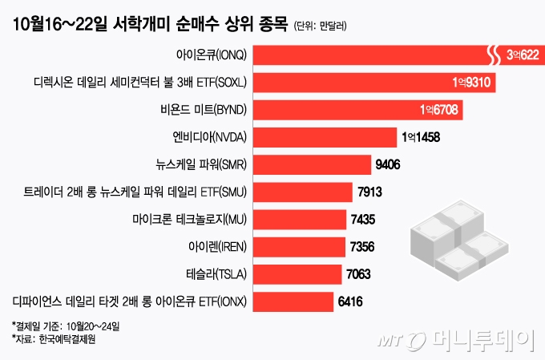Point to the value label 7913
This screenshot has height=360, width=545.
(x=370, y=192)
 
